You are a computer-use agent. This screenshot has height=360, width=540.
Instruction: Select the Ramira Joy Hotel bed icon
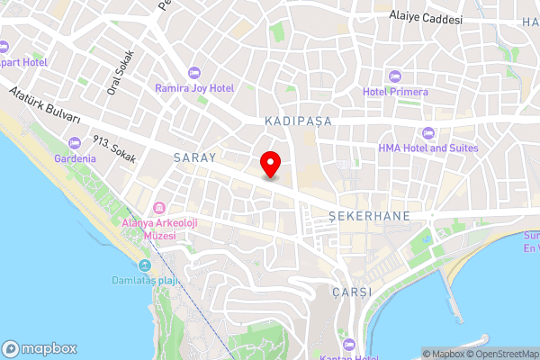click(193, 72)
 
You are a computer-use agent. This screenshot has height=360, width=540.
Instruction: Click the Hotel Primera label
click(395, 92)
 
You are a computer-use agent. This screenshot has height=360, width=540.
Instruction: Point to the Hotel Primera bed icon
click(395, 76)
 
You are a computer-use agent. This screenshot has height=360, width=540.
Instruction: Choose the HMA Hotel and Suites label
click(428, 148)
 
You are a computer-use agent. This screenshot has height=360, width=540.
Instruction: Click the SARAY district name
click(194, 157)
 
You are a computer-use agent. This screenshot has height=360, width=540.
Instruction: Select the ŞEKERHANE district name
click(369, 216)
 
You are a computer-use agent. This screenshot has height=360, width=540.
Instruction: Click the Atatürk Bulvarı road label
click(45, 106)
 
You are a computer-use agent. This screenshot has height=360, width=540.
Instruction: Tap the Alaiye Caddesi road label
click(426, 18)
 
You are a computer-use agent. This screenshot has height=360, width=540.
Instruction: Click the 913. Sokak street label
click(114, 149)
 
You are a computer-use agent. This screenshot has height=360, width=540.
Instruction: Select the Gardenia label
click(75, 158)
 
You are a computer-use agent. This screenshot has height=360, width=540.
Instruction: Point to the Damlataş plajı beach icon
click(145, 266)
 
